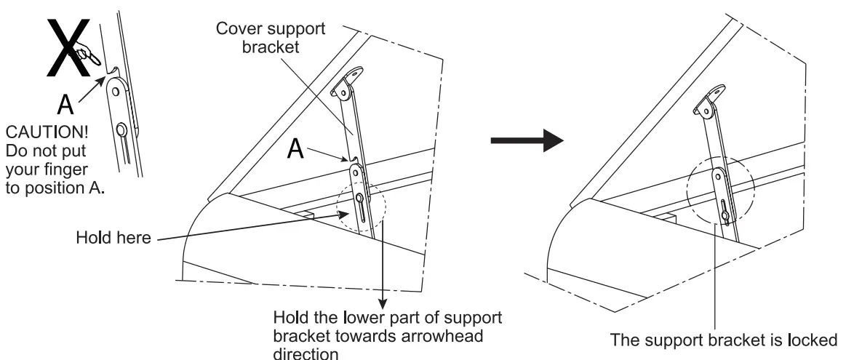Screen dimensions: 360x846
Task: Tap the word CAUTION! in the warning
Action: [41, 135]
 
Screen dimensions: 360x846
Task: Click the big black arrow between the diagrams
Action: [526, 140]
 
